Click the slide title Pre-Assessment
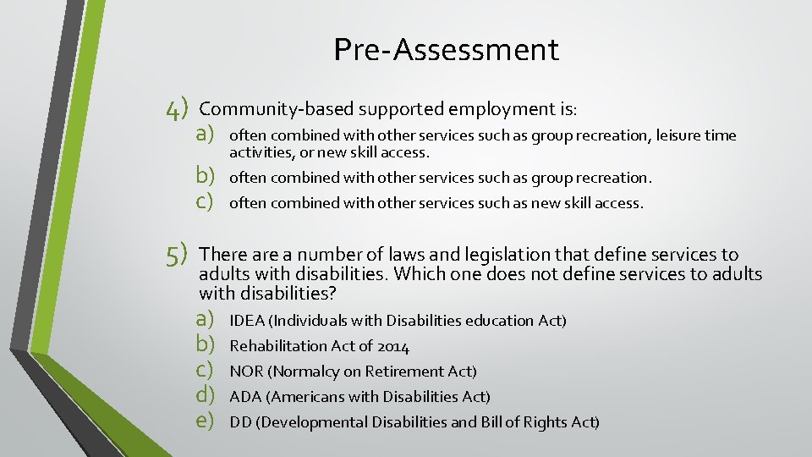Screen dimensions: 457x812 tap(446, 49)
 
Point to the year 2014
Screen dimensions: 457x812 tap(393, 346)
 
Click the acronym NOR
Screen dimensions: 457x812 tap(246, 372)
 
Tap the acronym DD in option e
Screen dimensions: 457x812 tap(240, 422)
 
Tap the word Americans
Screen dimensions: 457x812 tap(308, 397)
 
